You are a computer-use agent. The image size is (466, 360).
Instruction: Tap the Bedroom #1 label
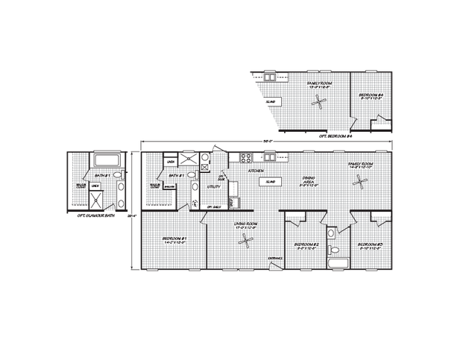(173, 240)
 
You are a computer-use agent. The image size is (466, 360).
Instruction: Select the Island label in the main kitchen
(271, 181)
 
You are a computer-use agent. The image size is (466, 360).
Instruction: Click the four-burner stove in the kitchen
(244, 157)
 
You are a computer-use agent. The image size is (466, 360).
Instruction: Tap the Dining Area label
(307, 180)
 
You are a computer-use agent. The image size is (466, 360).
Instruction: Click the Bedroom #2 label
(306, 245)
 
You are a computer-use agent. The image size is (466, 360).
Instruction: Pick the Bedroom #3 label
(369, 245)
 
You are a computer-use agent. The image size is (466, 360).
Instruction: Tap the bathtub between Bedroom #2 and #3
(338, 264)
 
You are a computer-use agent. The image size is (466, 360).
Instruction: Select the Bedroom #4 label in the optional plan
(371, 96)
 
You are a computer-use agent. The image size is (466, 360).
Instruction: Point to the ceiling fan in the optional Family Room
(319, 107)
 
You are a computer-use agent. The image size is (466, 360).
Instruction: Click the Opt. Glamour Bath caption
(95, 215)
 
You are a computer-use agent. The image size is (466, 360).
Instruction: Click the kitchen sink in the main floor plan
(268, 157)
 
